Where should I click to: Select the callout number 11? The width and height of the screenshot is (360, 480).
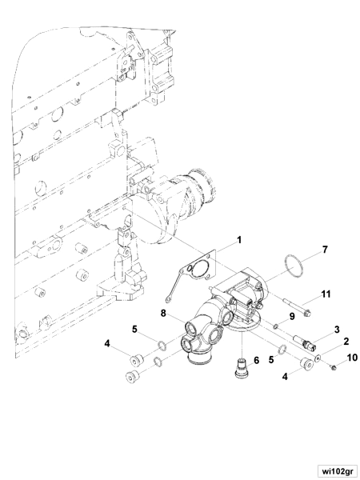pos(326,295)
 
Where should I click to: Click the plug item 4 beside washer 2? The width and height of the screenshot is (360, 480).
pos(305,366)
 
